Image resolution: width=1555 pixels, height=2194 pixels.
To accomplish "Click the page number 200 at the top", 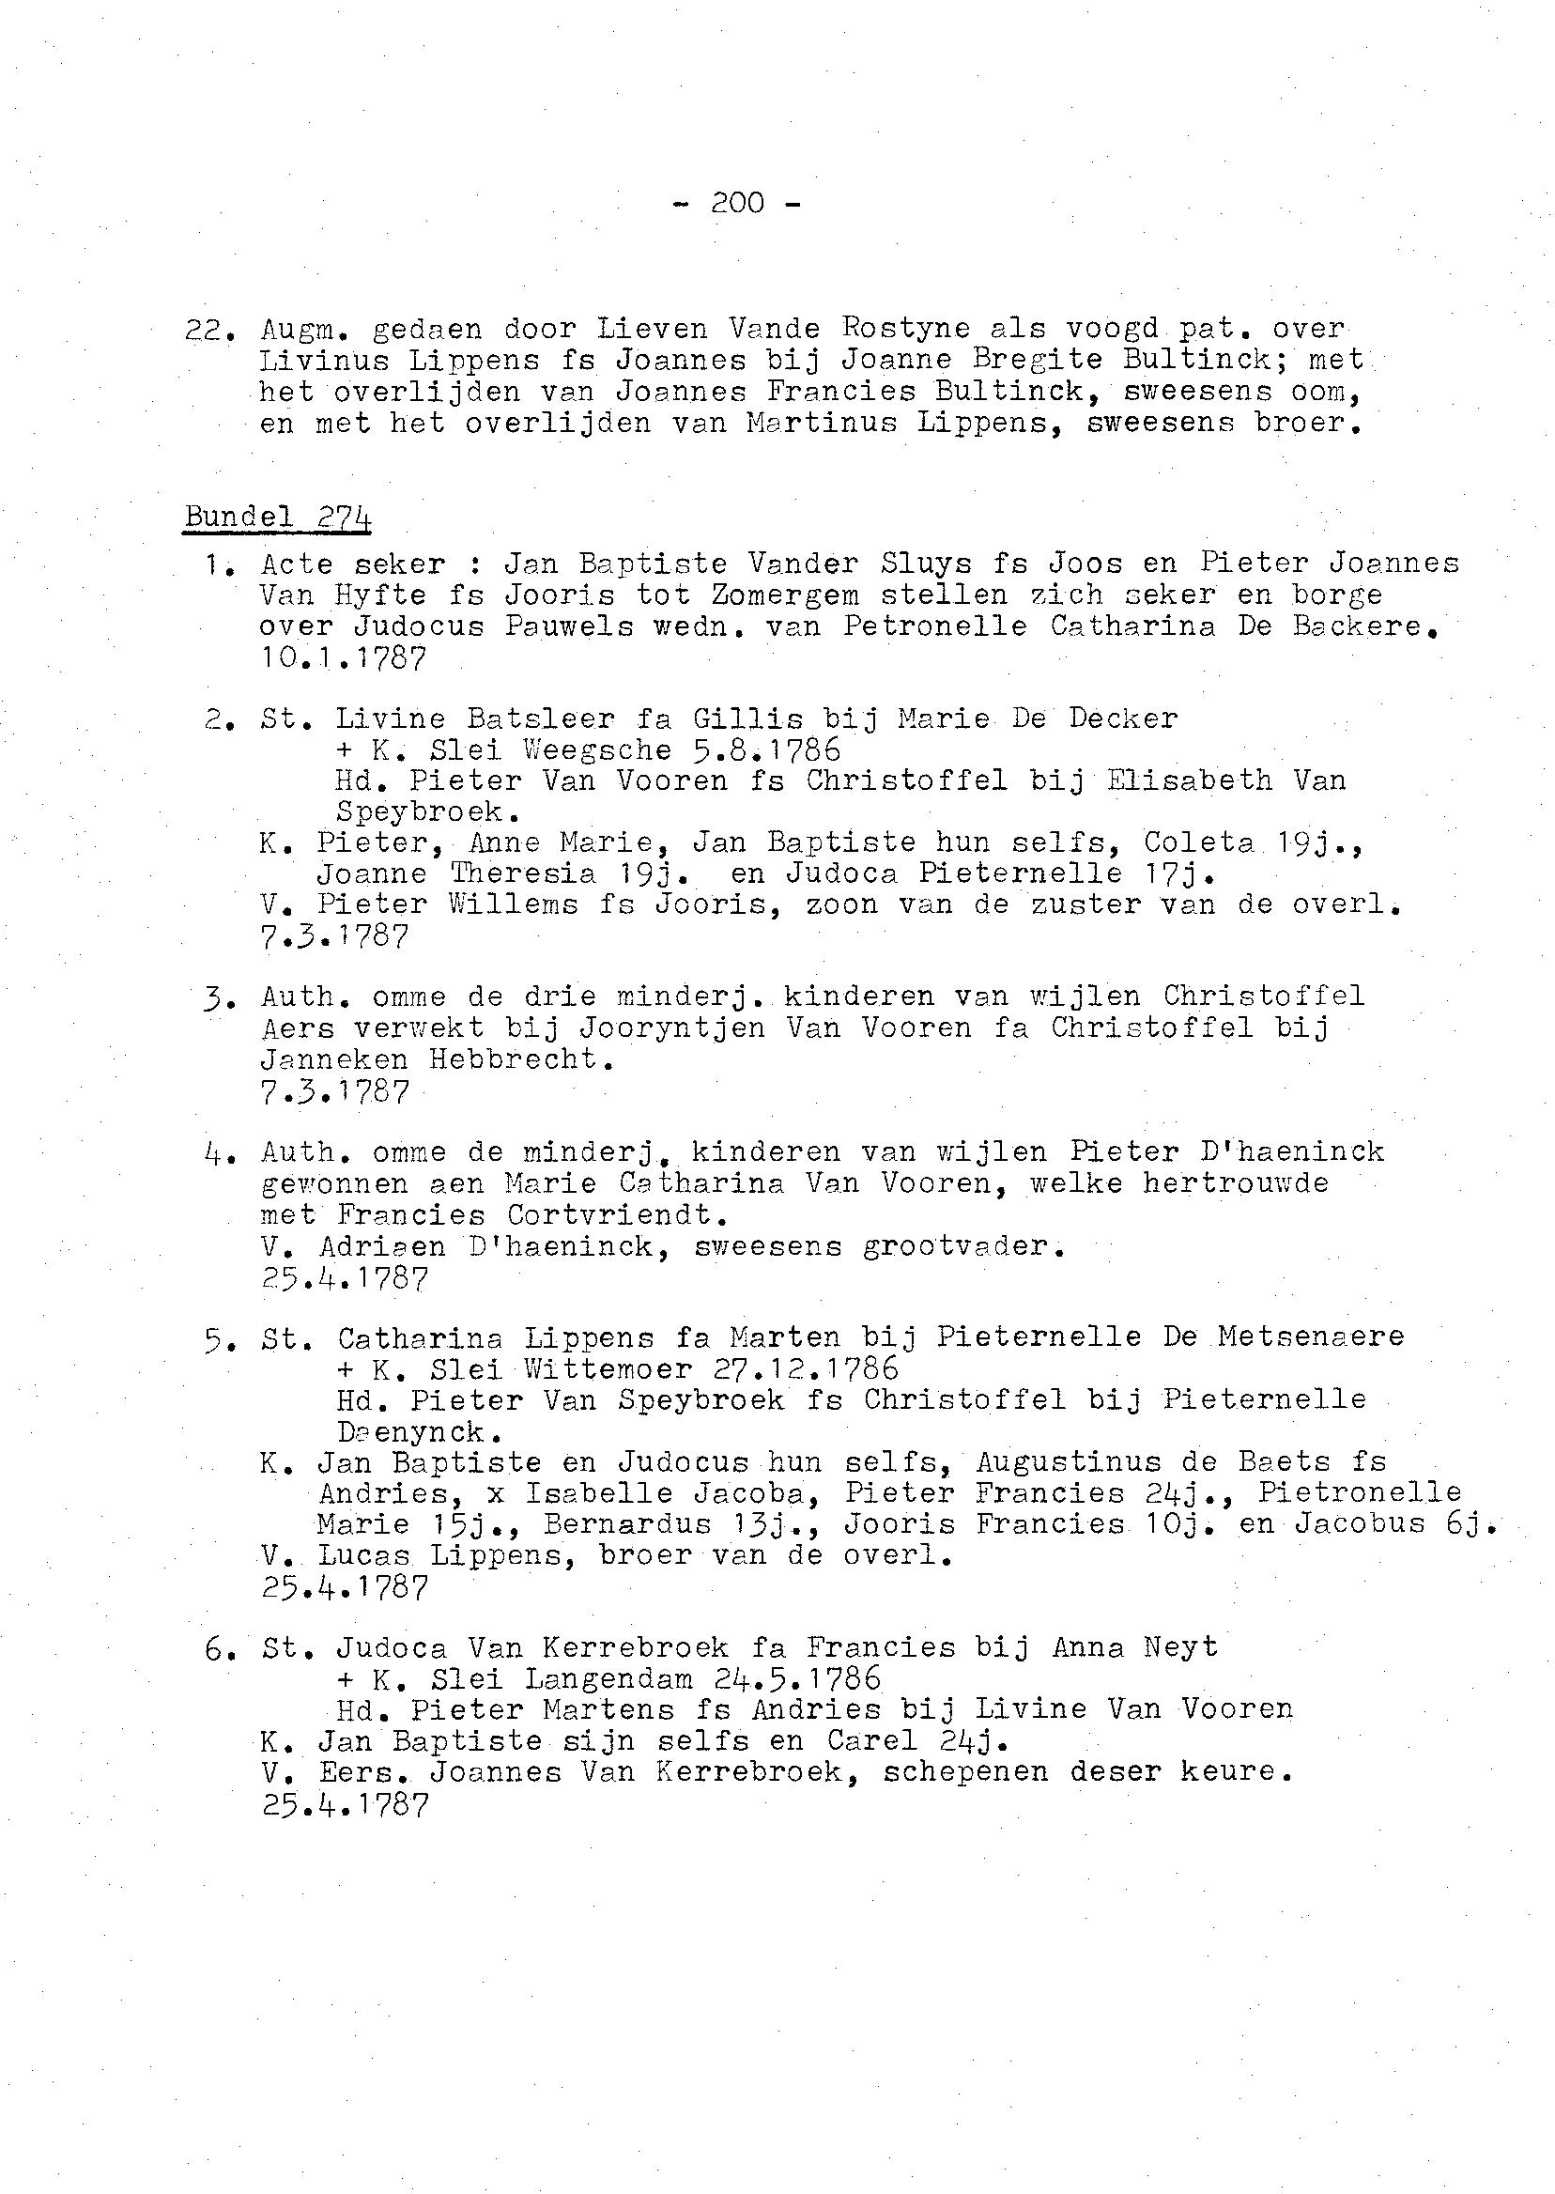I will (737, 203).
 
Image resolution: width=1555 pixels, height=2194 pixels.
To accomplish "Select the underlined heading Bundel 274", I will (278, 518).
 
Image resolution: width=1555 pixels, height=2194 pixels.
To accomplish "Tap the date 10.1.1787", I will (343, 659).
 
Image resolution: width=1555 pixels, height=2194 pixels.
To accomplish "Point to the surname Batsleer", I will (541, 718).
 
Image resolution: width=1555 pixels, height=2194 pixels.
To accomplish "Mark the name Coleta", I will (1199, 842).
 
